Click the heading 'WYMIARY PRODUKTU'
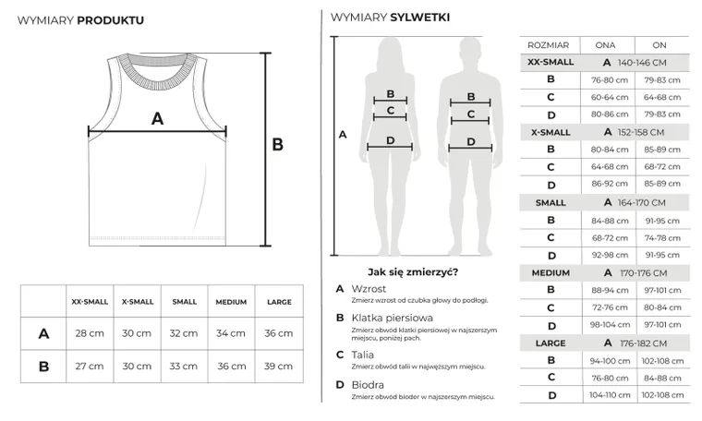[80, 19]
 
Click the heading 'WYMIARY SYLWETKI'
[390, 17]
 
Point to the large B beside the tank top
[277, 144]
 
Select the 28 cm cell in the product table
[90, 333]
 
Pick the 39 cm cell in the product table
[278, 366]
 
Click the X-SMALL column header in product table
[138, 302]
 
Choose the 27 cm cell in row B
[90, 366]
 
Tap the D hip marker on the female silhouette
[391, 141]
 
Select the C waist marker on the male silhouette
[471, 114]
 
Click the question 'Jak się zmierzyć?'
[412, 271]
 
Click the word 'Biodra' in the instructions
[366, 383]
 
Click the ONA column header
[605, 44]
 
